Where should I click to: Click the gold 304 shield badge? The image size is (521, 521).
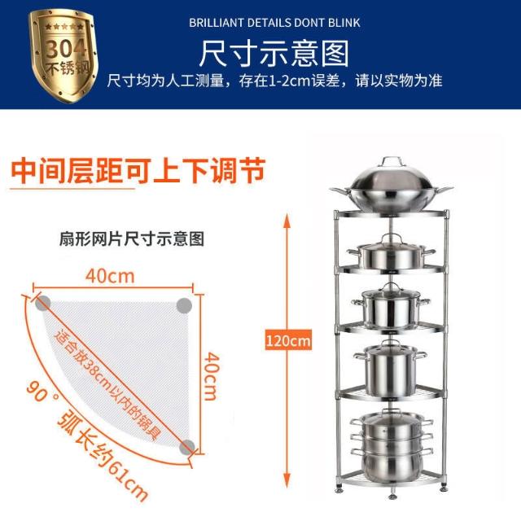coord(64,55)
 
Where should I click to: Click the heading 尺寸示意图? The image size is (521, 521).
coord(274,53)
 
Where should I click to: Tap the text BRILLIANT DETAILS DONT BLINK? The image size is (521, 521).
coord(274,23)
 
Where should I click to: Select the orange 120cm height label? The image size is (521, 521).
coord(288,340)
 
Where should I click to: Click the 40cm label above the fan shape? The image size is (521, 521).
coord(110,276)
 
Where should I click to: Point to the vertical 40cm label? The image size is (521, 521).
coord(212,376)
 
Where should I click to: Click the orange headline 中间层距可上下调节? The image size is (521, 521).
coord(138,171)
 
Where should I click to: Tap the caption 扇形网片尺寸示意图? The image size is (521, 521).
coord(132,239)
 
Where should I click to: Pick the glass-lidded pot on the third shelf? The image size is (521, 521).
coord(391,306)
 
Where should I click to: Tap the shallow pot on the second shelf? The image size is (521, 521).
coord(391,252)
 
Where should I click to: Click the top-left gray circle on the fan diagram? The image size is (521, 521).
coord(43,303)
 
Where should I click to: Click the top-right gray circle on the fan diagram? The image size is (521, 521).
coord(184,305)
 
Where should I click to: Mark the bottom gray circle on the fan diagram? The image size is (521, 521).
coord(187,447)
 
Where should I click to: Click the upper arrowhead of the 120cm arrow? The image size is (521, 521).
coord(287,221)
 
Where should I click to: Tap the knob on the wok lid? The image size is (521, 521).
coord(392,161)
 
